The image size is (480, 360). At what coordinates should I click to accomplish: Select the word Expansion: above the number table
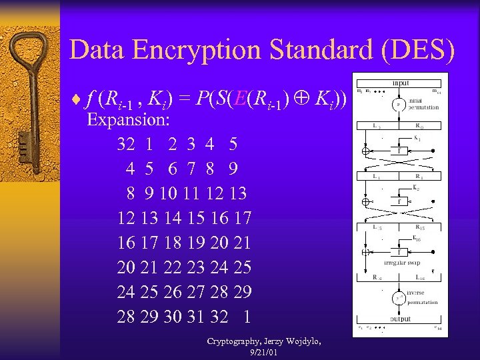[129, 120]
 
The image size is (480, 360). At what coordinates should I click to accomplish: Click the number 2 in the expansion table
[173, 144]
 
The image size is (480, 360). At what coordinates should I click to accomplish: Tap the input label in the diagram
[401, 82]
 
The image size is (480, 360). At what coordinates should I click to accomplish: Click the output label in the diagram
[401, 319]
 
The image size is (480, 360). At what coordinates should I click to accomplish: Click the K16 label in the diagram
[417, 238]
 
